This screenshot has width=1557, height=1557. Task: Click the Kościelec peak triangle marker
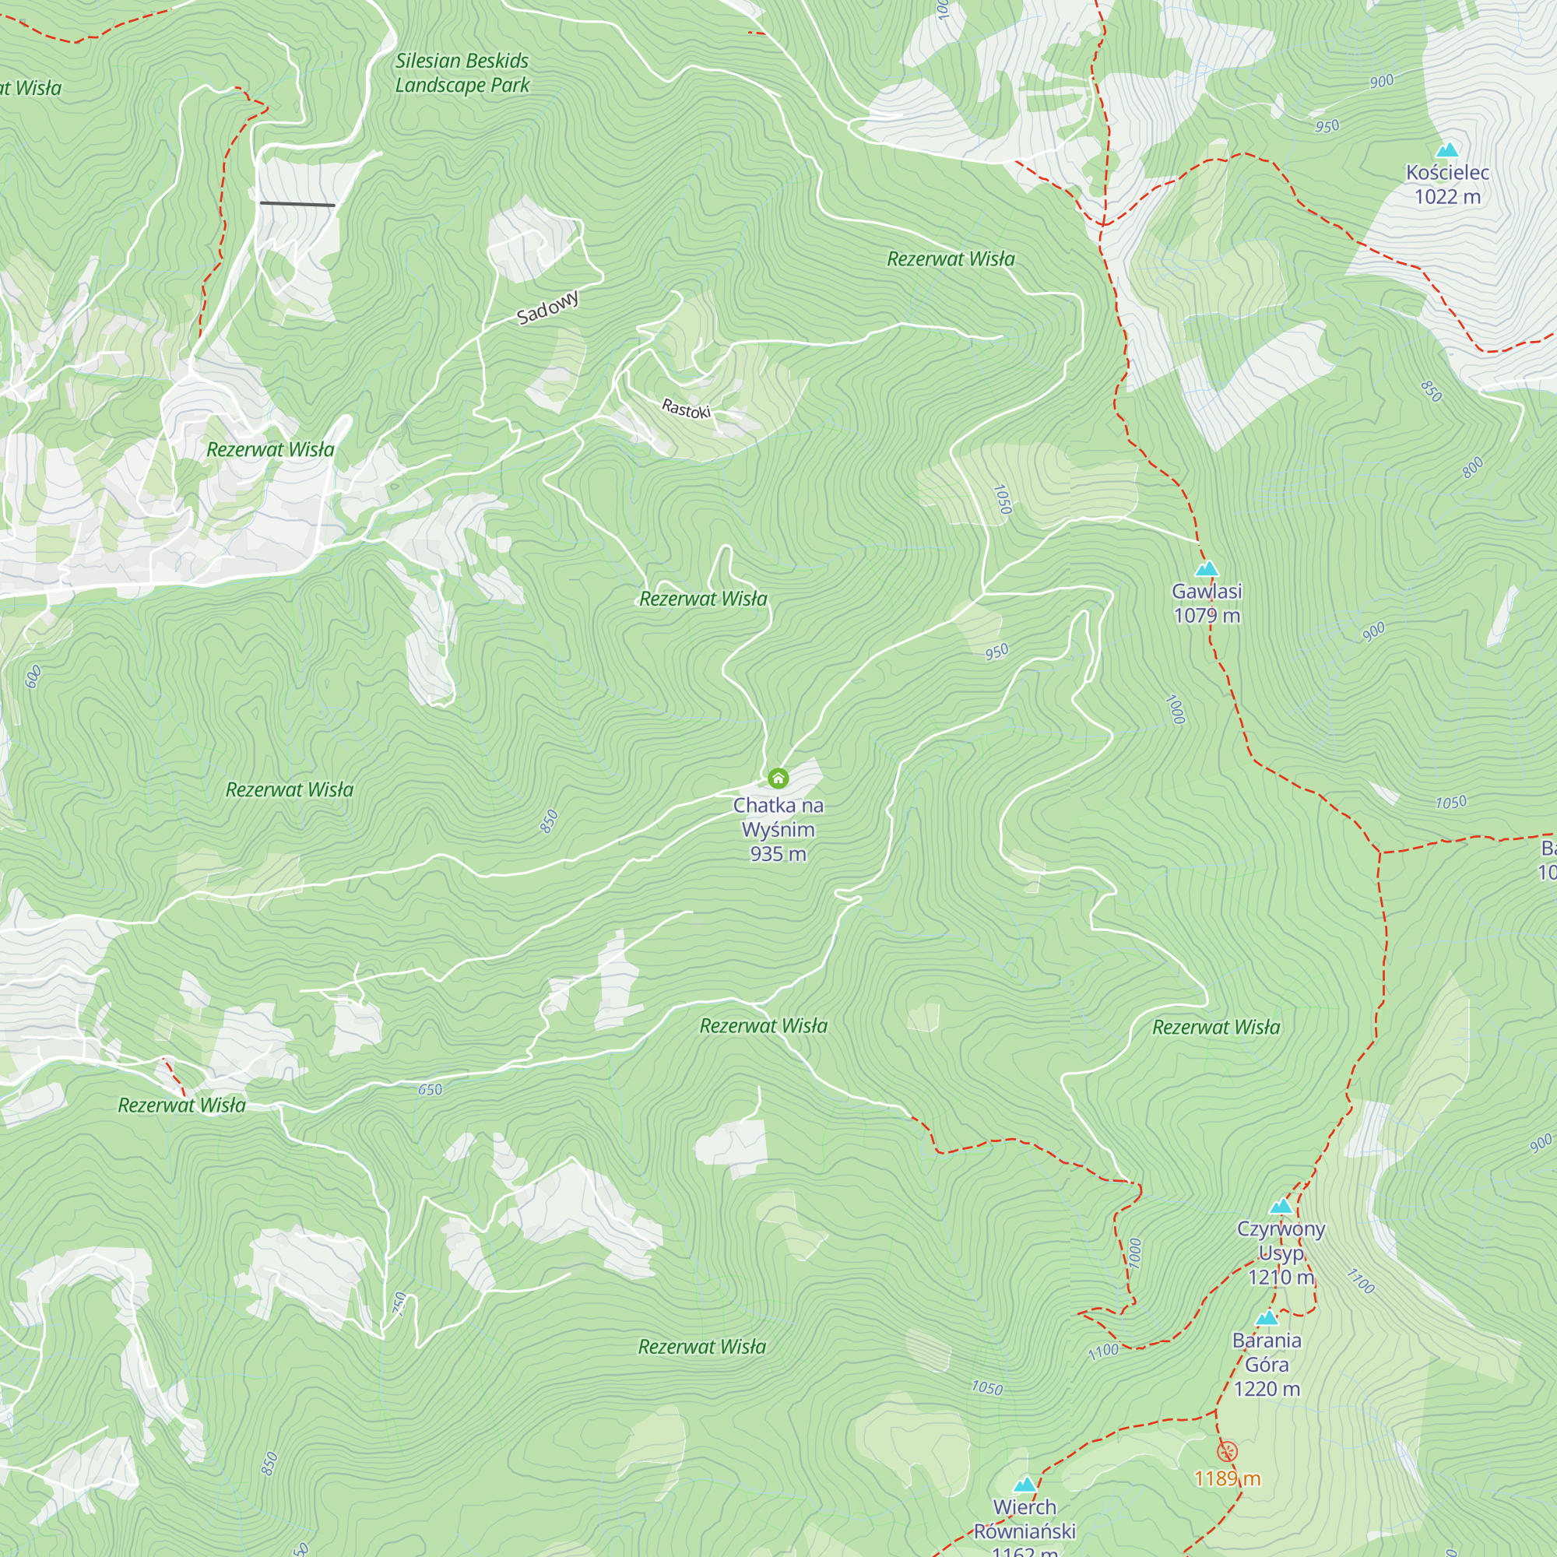pos(1447,150)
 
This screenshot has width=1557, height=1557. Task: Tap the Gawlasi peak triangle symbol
pos(1207,569)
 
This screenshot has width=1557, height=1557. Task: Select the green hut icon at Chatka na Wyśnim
pos(778,778)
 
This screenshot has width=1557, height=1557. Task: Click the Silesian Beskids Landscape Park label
pos(462,72)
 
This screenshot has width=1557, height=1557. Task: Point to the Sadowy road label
pos(548,308)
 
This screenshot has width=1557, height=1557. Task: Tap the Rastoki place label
pos(686,409)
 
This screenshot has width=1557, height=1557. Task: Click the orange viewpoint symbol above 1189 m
pos(1227,1451)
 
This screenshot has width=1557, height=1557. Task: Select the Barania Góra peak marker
pos(1267,1319)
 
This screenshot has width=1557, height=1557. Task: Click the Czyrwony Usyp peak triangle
pos(1281,1207)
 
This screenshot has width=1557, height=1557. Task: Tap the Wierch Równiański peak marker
pos(1025,1485)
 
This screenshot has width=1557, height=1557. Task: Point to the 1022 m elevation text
pos(1447,197)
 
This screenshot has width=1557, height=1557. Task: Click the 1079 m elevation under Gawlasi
pos(1207,616)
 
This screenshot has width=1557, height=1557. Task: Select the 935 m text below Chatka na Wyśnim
pos(778,854)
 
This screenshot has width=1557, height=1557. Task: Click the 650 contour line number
pos(431,1090)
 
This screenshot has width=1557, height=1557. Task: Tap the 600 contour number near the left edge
pos(33,677)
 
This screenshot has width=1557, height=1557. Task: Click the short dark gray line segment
pos(297,205)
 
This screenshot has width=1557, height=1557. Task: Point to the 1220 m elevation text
pos(1267,1389)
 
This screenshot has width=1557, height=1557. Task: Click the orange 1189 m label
pos(1227,1478)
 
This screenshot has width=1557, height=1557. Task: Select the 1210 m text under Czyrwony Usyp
pos(1281,1278)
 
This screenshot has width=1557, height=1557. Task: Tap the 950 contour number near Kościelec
pos(1327,127)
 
